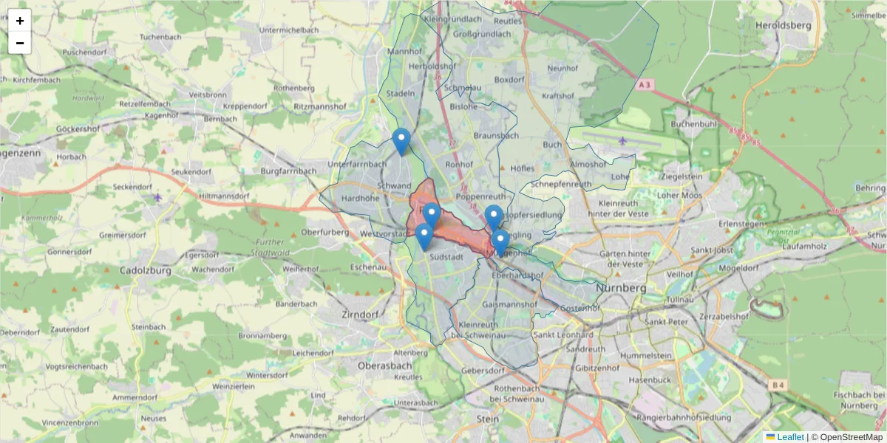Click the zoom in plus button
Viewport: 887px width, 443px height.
[x=20, y=21]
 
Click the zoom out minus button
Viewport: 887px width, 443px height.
[x=20, y=43]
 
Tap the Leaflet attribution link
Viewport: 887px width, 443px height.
[x=789, y=437]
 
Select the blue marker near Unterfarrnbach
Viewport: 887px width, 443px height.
[x=401, y=140]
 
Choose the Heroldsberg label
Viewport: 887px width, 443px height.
[x=784, y=25]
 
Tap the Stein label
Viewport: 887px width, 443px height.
[x=488, y=419]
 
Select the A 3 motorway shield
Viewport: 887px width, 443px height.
[x=645, y=85]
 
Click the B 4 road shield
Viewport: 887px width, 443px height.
[x=776, y=385]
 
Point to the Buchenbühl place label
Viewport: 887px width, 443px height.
[x=694, y=124]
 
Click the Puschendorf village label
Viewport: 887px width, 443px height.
[x=85, y=52]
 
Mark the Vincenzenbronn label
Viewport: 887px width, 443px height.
[x=69, y=422]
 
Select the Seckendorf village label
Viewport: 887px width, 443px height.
[x=132, y=187]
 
